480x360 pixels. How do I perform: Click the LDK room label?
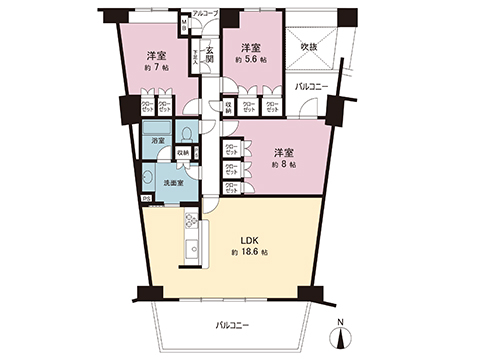pos(250,241)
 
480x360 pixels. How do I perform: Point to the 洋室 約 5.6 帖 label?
pos(250,47)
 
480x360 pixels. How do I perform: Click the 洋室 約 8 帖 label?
pos(283,152)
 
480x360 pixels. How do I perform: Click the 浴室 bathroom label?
pos(158,142)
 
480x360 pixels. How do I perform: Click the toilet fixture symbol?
pos(186,133)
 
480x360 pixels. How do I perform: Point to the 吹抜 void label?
pos(309,46)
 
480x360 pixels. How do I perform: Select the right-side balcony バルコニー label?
pos(312,87)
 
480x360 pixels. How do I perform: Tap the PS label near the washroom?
pos(145,198)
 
